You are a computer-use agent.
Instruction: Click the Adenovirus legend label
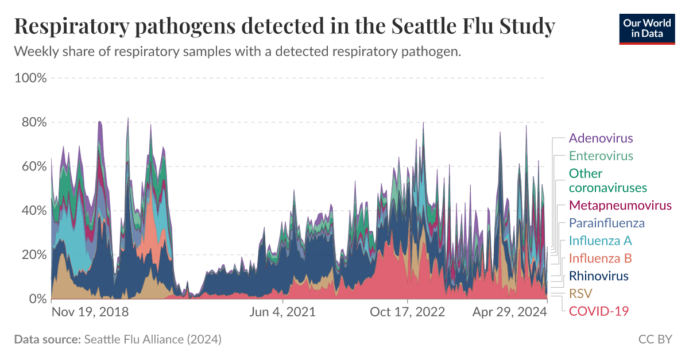pyautogui.click(x=601, y=138)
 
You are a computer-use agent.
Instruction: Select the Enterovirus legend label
pyautogui.click(x=601, y=156)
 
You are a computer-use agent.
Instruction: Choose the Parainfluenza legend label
pyautogui.click(x=606, y=223)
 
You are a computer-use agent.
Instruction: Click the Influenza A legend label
pyautogui.click(x=600, y=241)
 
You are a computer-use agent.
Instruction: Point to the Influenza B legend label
pyautogui.click(x=600, y=258)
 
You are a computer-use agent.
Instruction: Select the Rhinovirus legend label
pyautogui.click(x=598, y=276)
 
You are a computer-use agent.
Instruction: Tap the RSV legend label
pyautogui.click(x=580, y=294)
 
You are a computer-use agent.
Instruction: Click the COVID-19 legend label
pyautogui.click(x=599, y=311)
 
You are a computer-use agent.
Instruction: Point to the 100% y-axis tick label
pyautogui.click(x=30, y=78)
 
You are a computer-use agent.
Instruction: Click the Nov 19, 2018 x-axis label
pyautogui.click(x=90, y=312)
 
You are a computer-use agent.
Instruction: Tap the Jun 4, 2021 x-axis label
pyautogui.click(x=282, y=312)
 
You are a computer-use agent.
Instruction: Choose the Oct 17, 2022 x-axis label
pyautogui.click(x=407, y=312)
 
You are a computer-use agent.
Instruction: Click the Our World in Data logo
pyautogui.click(x=647, y=28)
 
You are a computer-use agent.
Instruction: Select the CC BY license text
pyautogui.click(x=655, y=339)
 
